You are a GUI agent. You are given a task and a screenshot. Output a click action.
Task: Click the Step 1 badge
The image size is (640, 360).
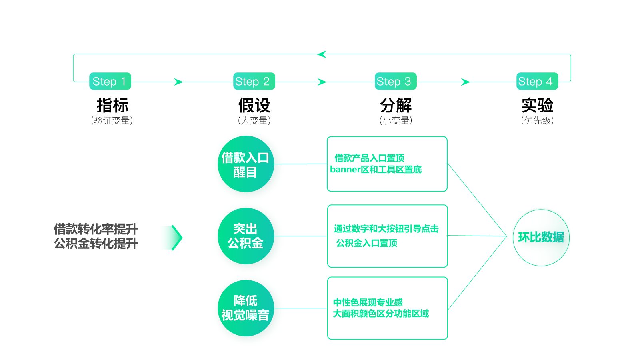(x=110, y=81)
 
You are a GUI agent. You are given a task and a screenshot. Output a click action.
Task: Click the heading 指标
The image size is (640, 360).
(x=112, y=106)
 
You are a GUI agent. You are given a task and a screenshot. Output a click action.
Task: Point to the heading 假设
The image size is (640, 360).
(x=254, y=106)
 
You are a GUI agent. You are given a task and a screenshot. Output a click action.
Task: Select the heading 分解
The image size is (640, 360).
(x=396, y=106)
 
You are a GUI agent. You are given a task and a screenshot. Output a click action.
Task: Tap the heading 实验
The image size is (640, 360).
(x=537, y=106)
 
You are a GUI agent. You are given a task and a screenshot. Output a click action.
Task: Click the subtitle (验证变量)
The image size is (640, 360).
(x=112, y=120)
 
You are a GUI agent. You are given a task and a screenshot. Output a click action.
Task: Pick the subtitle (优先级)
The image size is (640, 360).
(x=537, y=120)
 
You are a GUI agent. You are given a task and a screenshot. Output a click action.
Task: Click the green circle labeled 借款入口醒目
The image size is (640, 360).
(x=246, y=164)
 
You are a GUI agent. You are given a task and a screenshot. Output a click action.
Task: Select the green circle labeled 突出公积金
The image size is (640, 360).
(x=246, y=236)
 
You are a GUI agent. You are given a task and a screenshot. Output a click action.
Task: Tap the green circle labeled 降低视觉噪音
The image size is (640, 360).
(x=246, y=308)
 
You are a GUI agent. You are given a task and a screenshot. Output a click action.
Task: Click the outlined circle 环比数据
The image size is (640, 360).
(x=541, y=238)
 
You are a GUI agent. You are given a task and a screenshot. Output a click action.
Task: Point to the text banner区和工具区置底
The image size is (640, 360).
(x=376, y=170)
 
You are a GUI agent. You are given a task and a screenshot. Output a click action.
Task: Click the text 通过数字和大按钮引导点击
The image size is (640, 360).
(x=386, y=229)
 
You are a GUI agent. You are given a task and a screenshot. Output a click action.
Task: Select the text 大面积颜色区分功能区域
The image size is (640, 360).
(x=381, y=314)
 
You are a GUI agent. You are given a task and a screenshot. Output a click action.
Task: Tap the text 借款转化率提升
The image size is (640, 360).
(x=96, y=229)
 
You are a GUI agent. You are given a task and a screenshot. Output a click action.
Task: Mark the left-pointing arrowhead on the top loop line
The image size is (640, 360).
(x=322, y=54)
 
